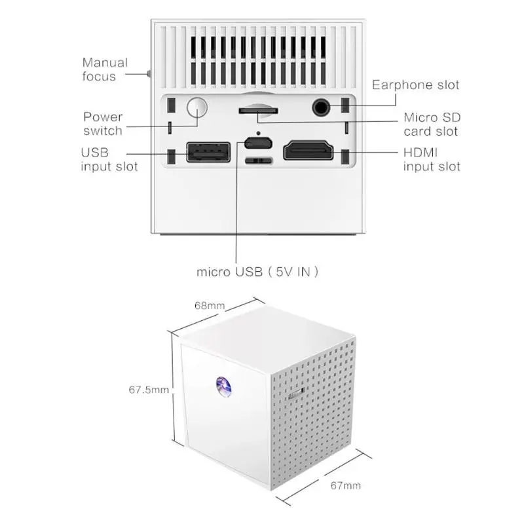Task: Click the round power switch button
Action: pos(196,108)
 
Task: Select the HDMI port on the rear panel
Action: pos(309,152)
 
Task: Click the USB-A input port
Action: pos(208,152)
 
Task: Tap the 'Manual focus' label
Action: pos(105,69)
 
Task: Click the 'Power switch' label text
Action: pos(103,124)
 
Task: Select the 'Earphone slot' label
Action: pos(415,84)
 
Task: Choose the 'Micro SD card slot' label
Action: pos(432,124)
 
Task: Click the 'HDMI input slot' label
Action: pos(431,159)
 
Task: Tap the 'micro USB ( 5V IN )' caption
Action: pos(257,271)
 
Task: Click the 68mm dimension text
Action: pos(210,305)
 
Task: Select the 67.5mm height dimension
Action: pos(149,389)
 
